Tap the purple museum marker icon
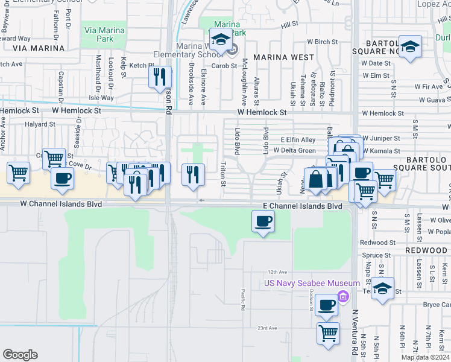click(343, 296)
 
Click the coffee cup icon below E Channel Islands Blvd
click(262, 222)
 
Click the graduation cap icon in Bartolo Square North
click(409, 47)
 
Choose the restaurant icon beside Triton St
click(193, 174)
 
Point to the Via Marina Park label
click(105, 34)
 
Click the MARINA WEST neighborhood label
click(283, 57)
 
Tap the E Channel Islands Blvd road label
click(303, 206)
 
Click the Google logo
click(20, 355)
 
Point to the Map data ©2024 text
click(426, 357)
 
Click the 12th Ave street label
click(277, 273)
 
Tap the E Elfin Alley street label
click(298, 140)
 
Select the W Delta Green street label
click(294, 151)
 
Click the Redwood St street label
click(377, 243)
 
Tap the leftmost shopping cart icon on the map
click(18, 173)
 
